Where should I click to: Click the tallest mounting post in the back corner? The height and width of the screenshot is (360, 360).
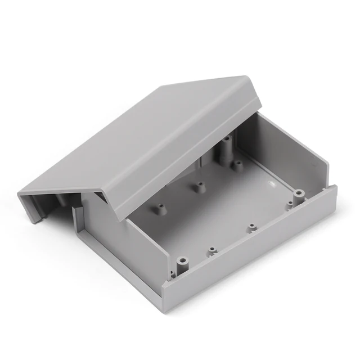click(x=227, y=149)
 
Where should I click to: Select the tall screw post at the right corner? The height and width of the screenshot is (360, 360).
click(x=296, y=197)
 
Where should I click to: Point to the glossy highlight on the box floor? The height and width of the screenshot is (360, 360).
click(x=272, y=183)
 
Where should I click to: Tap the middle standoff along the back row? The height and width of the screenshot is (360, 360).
click(x=198, y=185)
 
